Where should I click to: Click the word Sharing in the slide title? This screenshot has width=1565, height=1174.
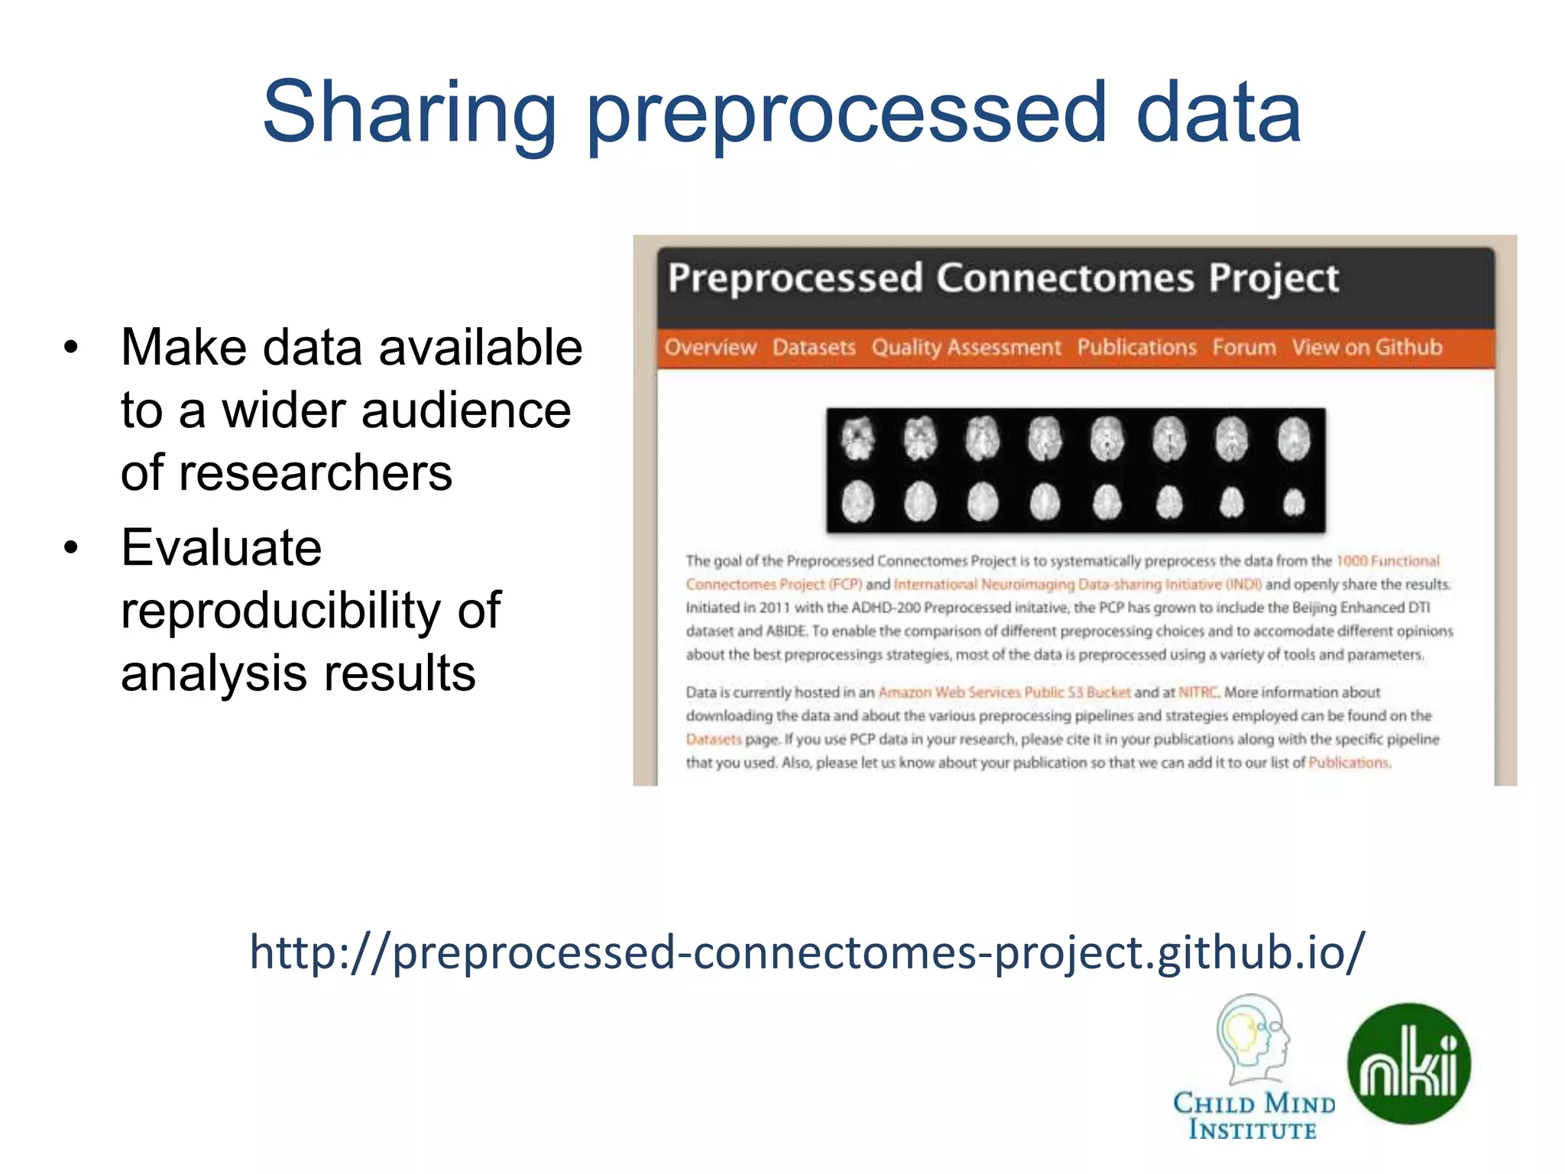coord(409,113)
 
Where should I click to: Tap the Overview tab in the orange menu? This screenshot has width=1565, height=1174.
coord(710,348)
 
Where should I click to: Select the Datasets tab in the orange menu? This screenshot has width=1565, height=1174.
coord(814,348)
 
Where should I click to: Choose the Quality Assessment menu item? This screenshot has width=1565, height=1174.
coord(966,348)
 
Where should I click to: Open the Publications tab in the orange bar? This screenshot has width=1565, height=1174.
coord(1136,348)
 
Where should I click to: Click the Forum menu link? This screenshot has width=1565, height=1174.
coord(1243,348)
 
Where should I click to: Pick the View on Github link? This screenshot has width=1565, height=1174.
coord(1366,348)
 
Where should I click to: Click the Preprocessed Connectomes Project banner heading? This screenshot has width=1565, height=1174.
coord(1003,278)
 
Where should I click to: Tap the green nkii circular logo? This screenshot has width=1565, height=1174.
coord(1408,1063)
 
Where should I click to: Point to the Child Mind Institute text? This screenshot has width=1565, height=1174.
coord(1253,1116)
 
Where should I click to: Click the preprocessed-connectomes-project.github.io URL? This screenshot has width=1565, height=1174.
coord(806,952)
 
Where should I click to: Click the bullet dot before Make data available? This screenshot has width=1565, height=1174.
coord(71,349)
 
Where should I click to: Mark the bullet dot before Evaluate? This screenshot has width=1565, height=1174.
coord(71,548)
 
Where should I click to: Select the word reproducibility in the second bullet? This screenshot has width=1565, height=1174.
coord(280,611)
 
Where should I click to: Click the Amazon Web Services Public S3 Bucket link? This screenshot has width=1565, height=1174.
coord(1003,692)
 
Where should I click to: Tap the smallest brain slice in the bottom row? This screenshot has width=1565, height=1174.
coord(1293,503)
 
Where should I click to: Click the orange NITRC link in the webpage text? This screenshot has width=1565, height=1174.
coord(1197,692)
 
